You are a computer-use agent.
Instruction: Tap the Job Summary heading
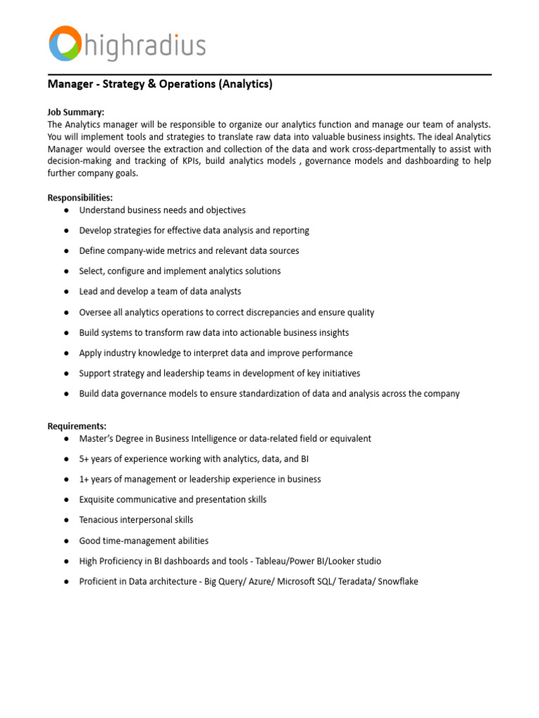pyautogui.click(x=76, y=112)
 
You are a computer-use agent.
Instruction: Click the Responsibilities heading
pyautogui.click(x=80, y=198)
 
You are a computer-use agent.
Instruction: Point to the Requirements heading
pyautogui.click(x=77, y=426)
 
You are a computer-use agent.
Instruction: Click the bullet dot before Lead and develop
pyautogui.click(x=65, y=292)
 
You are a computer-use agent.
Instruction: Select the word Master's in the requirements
pyautogui.click(x=97, y=439)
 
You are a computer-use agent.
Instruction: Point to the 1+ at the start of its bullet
pyautogui.click(x=84, y=480)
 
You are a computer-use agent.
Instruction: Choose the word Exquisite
pyautogui.click(x=98, y=500)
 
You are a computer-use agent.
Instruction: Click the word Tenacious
pyautogui.click(x=99, y=520)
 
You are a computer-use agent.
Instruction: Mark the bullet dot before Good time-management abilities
pyautogui.click(x=65, y=541)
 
